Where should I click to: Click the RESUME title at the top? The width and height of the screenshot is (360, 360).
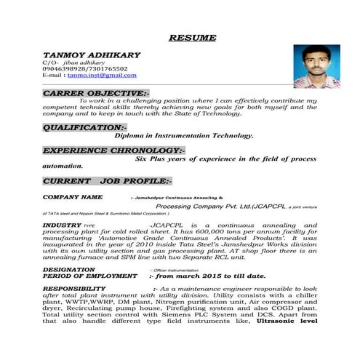click(x=192, y=37)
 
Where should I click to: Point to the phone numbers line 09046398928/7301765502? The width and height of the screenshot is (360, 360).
click(x=85, y=69)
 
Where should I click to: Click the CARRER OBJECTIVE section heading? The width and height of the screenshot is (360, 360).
click(x=95, y=94)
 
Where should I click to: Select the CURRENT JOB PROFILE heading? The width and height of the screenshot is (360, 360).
click(x=106, y=180)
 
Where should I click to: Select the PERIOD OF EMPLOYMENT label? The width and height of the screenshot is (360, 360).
click(x=89, y=276)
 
